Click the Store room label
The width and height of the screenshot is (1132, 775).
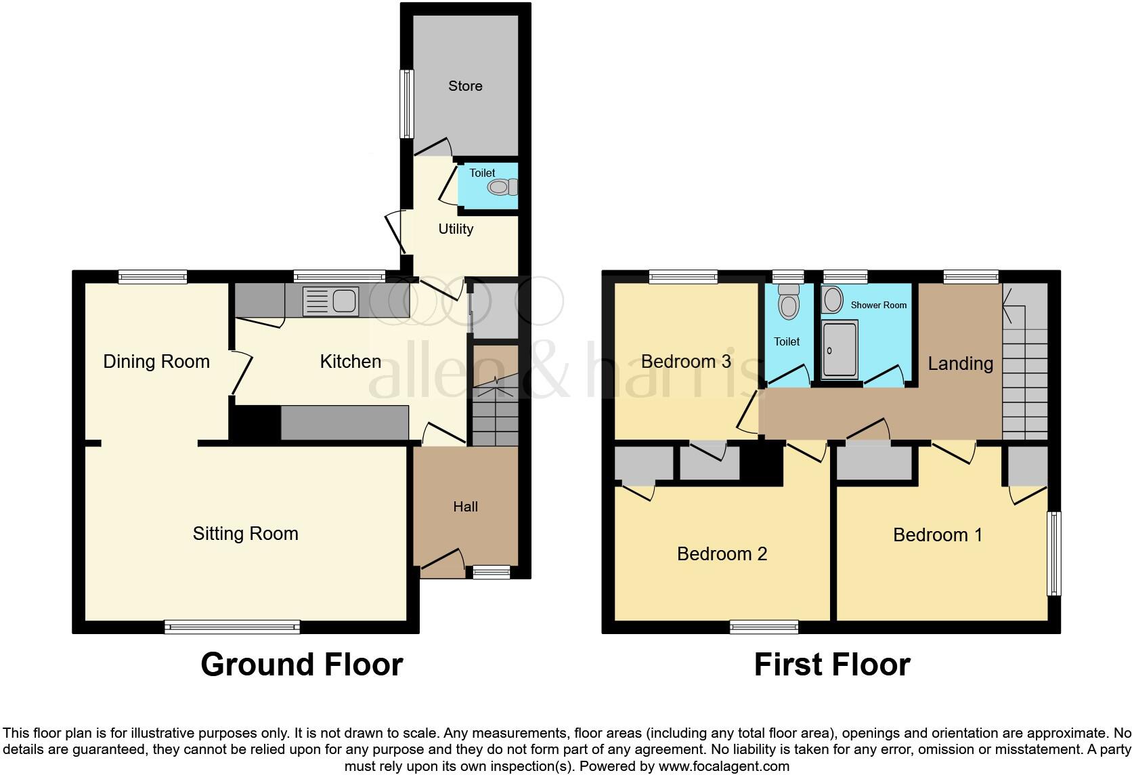(x=465, y=86)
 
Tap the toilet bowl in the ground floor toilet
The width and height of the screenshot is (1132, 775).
(x=501, y=187)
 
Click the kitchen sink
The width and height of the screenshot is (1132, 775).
(x=330, y=301)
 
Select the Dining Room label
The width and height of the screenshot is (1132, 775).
(x=156, y=362)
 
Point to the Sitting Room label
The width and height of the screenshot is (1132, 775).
(x=245, y=534)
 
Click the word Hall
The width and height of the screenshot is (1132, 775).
(x=465, y=507)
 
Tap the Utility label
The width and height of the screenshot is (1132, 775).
(x=456, y=229)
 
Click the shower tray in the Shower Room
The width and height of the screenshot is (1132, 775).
(x=840, y=350)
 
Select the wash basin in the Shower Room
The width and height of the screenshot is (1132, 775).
(x=833, y=299)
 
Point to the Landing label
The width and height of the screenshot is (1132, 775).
(x=960, y=364)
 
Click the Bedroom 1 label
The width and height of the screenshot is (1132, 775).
(x=938, y=535)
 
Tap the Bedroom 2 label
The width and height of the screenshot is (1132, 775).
(x=722, y=554)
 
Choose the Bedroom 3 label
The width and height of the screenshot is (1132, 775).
(x=686, y=362)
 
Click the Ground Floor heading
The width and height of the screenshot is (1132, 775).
(x=302, y=665)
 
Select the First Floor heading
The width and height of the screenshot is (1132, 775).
(x=832, y=665)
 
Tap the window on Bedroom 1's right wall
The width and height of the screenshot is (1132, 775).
(x=1053, y=553)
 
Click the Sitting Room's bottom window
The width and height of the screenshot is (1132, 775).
(x=232, y=627)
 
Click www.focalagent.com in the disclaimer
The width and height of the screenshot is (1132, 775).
(x=724, y=767)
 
